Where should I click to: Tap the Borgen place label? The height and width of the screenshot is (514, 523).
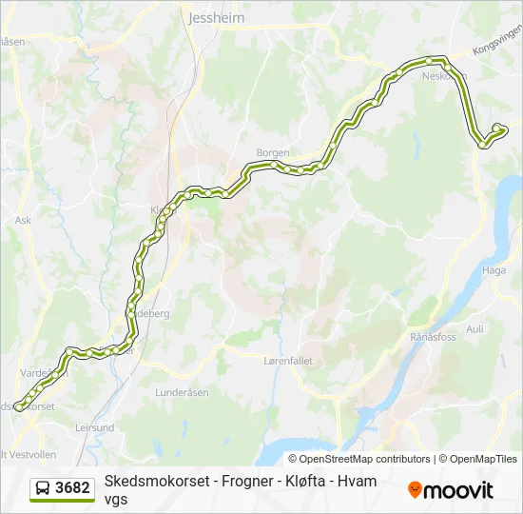[x=273, y=152]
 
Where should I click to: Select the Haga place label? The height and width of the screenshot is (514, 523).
[x=494, y=270]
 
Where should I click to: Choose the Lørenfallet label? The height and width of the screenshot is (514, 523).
[x=287, y=361]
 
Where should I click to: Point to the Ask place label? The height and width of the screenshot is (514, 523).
[x=23, y=219]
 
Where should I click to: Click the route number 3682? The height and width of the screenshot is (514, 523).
[x=73, y=488]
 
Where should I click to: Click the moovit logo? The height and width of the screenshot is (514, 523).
[x=451, y=489]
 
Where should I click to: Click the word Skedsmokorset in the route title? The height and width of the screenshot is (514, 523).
[x=150, y=482]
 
